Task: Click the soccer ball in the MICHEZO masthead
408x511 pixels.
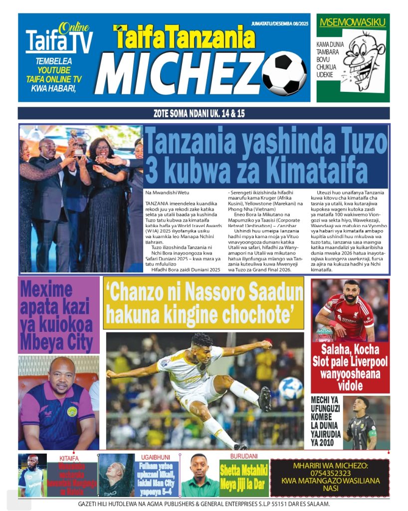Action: pyautogui.click(x=284, y=73)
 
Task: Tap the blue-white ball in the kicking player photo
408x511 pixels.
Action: pyautogui.click(x=290, y=388)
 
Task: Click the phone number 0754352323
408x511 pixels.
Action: pyautogui.click(x=330, y=474)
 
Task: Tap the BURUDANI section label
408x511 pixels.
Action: pyautogui.click(x=243, y=457)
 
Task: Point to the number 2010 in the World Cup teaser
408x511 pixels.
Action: pyautogui.click(x=326, y=441)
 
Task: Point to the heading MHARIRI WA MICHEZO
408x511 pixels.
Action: pyautogui.click(x=330, y=466)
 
